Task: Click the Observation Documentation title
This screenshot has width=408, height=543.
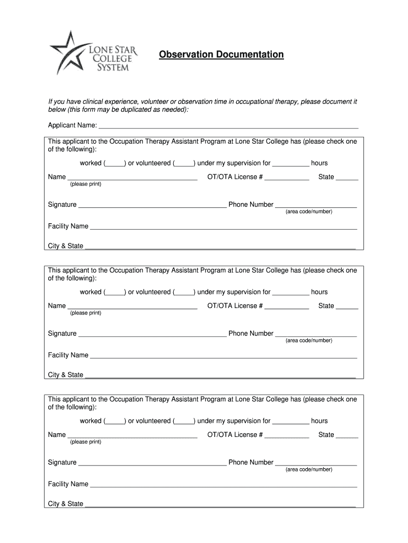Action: tap(221, 55)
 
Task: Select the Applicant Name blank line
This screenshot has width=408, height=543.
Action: tap(228, 126)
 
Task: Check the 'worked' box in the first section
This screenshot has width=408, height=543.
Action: tap(114, 163)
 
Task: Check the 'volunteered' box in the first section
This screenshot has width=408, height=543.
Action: tap(184, 163)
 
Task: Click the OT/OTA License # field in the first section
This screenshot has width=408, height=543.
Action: tap(287, 177)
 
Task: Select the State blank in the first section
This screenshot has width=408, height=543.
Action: tap(347, 177)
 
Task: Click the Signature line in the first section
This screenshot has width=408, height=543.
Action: tap(152, 205)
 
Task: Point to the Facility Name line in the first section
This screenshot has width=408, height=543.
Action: tap(223, 226)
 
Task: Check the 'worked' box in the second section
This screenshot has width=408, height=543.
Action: tap(114, 292)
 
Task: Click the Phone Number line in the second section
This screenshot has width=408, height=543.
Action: tap(316, 334)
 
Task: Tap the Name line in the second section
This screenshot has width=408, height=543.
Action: tap(132, 306)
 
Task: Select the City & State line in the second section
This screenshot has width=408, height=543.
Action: tap(220, 375)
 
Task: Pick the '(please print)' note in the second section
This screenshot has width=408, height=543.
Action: tap(85, 313)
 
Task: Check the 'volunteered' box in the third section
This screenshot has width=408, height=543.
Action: tap(184, 421)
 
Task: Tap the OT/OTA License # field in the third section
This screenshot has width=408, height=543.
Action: tap(287, 435)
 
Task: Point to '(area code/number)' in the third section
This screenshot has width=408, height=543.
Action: tap(309, 469)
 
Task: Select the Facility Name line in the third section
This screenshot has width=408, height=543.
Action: tap(223, 484)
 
